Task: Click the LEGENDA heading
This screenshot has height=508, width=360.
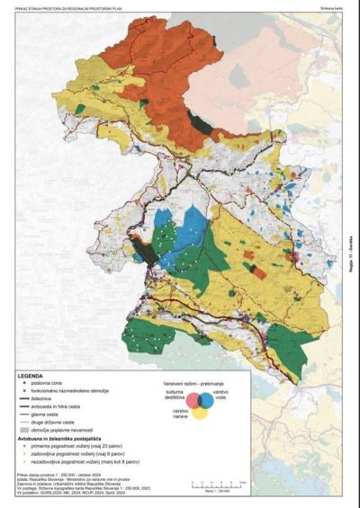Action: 31,373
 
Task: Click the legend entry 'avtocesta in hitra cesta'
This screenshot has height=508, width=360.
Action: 67,408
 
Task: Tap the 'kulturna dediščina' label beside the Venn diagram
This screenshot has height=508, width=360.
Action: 176,396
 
